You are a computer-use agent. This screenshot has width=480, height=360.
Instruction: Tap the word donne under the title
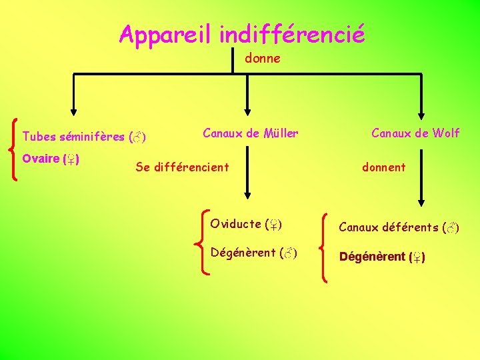coord(262,59)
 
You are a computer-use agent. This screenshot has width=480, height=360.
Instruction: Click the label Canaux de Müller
coord(250,133)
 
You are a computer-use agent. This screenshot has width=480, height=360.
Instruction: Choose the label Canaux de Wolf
coord(415,133)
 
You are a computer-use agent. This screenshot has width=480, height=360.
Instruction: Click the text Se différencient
coord(182,167)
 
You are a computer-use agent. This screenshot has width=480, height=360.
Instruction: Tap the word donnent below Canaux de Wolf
coord(383,167)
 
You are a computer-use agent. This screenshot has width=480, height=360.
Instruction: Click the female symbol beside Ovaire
coord(71,159)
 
